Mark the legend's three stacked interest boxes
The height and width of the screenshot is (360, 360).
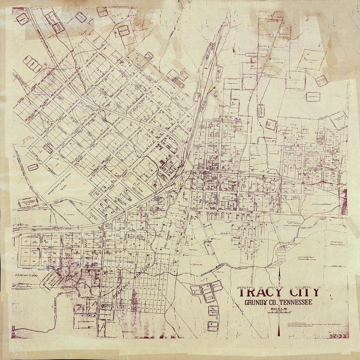click(x=291, y=324)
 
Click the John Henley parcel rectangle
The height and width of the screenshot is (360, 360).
click(x=313, y=97)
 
